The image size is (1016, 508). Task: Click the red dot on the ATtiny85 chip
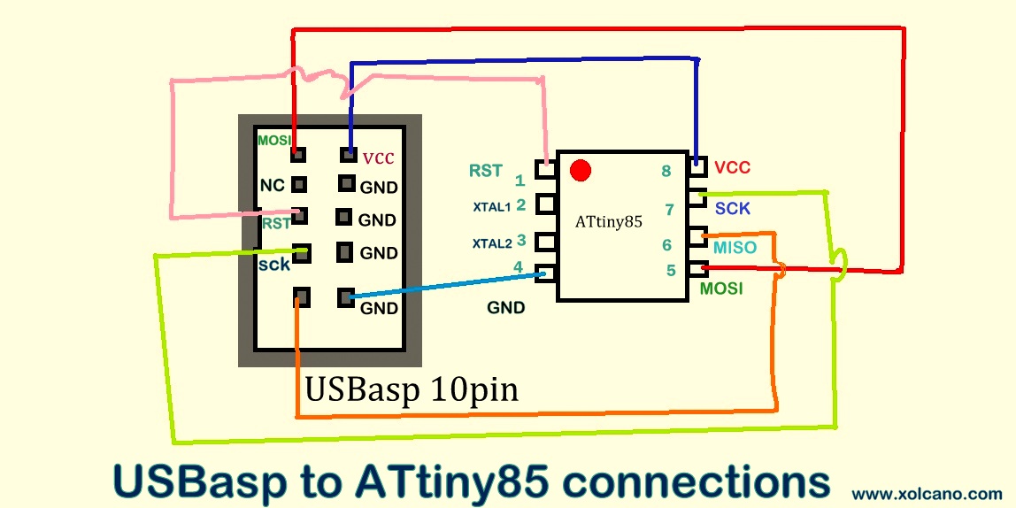[x=581, y=169]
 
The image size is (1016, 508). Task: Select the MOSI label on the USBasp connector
[x=273, y=141]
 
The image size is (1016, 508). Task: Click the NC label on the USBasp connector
[x=272, y=185]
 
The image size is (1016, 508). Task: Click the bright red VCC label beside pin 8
[x=732, y=167]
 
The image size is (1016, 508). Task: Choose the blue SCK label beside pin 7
[x=732, y=209]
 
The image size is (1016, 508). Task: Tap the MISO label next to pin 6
[x=735, y=248]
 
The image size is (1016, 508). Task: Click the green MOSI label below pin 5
[x=721, y=289]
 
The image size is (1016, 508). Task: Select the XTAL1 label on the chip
[x=491, y=207]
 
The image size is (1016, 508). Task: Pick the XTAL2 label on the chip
[x=491, y=243]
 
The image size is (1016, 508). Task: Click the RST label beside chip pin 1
[x=486, y=171]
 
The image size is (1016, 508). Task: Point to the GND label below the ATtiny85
[x=506, y=308]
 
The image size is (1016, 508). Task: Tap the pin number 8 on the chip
[x=666, y=171]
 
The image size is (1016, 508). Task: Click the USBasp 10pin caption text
[x=412, y=389]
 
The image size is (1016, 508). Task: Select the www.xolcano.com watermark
[x=927, y=493]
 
